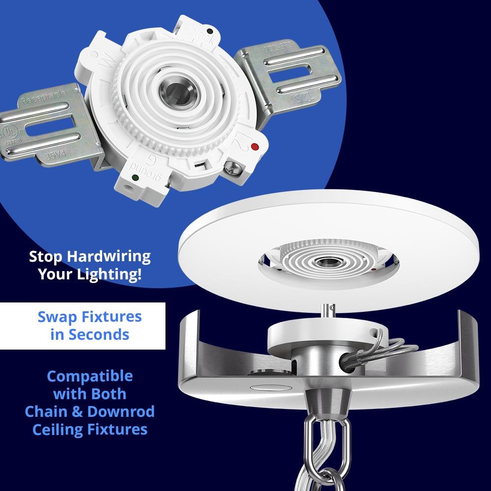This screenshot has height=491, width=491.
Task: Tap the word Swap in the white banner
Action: point(55,317)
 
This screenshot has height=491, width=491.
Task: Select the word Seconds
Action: point(99,334)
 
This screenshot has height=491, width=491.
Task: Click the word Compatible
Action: point(90,377)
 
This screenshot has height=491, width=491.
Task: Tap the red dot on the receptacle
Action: point(254,146)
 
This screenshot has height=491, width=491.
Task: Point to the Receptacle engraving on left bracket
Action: point(41,101)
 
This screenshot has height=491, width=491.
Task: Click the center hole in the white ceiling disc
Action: point(325,261)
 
